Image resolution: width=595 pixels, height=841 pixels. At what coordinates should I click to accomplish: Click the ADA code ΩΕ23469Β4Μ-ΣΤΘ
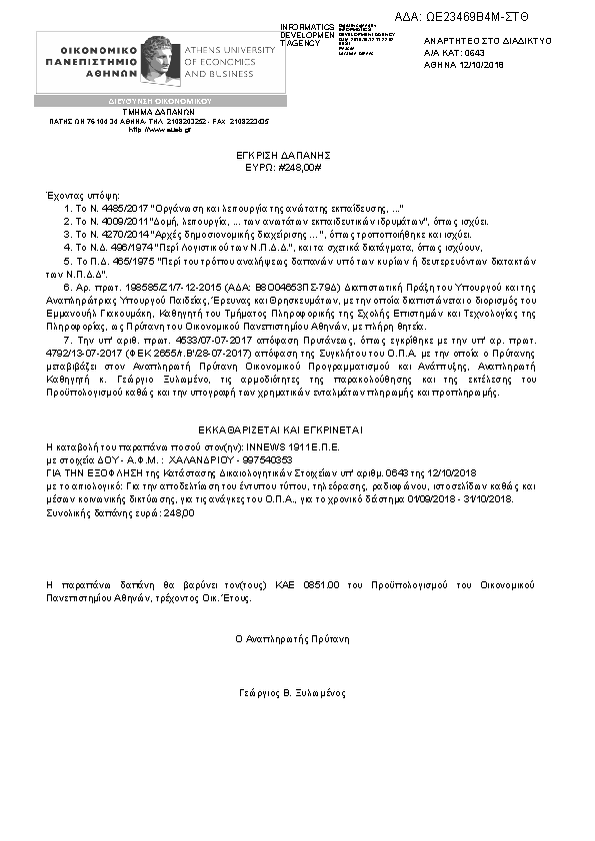pos(479,16)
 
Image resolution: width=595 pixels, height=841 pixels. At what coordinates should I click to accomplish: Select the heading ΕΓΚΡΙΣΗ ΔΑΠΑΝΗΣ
pos(297,156)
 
